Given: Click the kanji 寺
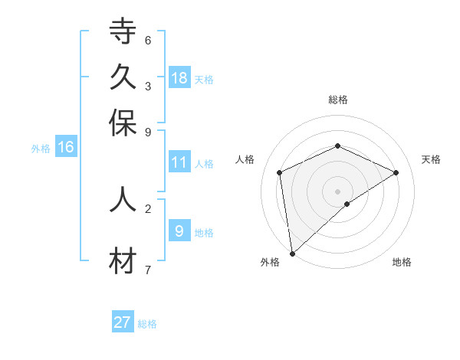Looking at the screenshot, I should point(123,32).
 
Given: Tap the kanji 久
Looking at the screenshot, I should point(123,77).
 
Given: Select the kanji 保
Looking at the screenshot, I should point(123,123).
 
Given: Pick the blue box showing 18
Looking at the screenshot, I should point(179,78).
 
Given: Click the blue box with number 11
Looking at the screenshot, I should point(179,162).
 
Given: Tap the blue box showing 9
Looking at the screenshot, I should point(179,231).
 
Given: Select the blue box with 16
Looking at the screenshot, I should point(66,147).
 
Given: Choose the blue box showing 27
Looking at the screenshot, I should point(123,322).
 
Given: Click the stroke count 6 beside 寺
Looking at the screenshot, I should point(148,40).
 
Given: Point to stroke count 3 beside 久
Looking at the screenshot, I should point(148,86).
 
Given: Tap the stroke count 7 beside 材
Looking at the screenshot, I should point(148,270).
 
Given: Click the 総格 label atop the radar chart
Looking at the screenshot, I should point(337,100).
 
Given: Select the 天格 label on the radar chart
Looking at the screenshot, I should point(432,159).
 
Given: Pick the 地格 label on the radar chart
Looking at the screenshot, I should point(402,262).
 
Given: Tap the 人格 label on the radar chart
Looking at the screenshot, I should point(245,159).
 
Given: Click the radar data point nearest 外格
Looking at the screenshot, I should point(292,254).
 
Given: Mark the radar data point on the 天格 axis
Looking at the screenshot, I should point(396,172).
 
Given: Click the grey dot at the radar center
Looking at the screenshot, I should point(337,191).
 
